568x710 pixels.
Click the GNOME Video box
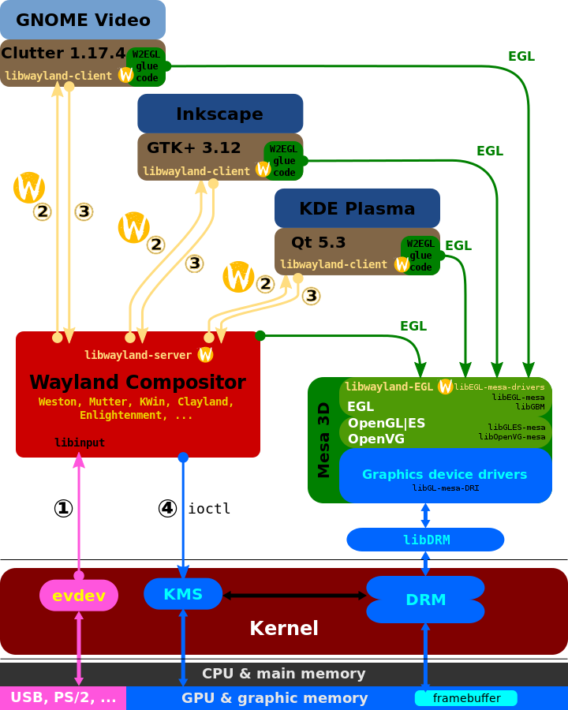coord(83,21)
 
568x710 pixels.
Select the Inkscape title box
coord(220,114)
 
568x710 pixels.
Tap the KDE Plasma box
coord(357,208)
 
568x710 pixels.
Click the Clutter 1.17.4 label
coord(63,54)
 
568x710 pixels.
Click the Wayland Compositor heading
coord(137,383)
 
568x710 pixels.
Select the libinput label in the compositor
coord(80,443)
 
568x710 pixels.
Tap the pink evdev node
coord(79,596)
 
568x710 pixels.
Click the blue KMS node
coord(183,594)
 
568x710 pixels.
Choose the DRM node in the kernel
coord(425,600)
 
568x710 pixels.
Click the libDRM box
coord(425,540)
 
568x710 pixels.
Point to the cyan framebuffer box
coord(465,698)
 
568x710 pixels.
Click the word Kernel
coord(284,629)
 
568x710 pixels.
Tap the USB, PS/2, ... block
coord(62,698)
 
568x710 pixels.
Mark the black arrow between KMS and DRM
coord(294,596)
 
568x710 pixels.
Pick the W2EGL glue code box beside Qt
coord(420,256)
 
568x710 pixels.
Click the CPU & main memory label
coord(284,674)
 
